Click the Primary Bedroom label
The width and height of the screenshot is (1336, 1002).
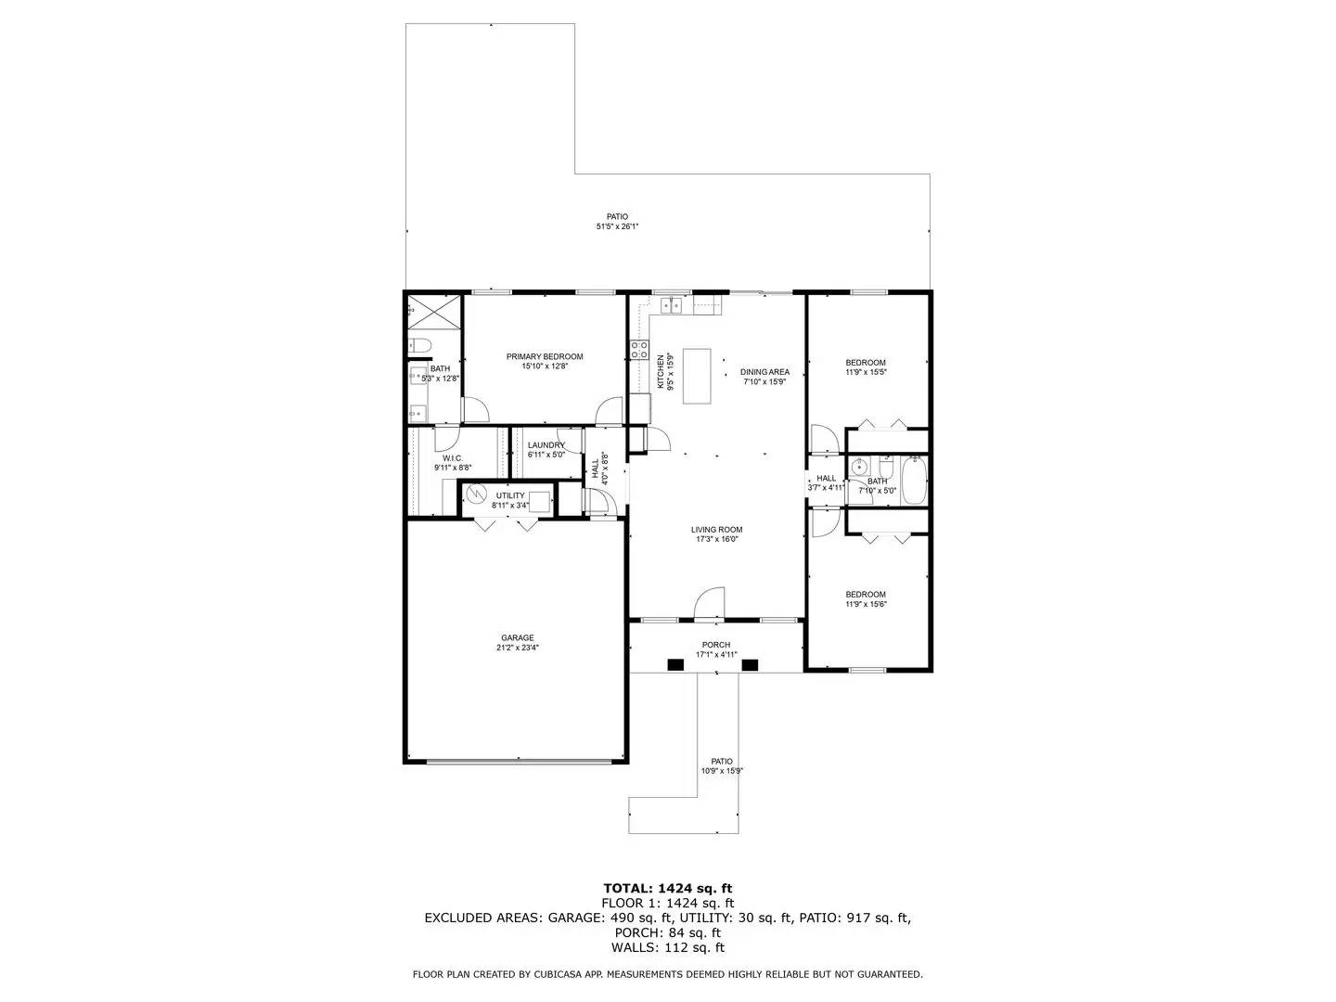coord(544,356)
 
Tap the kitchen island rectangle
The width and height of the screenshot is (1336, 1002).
coord(698,376)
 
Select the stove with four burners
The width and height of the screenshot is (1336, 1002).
coord(639,350)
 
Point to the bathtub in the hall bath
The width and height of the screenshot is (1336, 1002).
coord(914,480)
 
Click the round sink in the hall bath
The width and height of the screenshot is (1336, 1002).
coord(858,468)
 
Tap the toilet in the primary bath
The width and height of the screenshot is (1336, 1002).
coord(418,347)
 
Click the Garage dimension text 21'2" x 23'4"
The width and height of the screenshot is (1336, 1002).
coord(517,649)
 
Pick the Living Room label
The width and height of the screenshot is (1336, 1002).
coord(716,530)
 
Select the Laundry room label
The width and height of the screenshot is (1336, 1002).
coord(546,445)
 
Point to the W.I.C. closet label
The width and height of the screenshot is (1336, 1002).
coord(453,458)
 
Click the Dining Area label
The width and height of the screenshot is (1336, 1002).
coord(764,372)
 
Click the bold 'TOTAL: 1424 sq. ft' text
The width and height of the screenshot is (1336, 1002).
coord(667,888)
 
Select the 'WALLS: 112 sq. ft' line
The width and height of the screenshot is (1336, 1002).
coord(667,948)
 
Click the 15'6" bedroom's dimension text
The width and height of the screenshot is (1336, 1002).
coord(865,605)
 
